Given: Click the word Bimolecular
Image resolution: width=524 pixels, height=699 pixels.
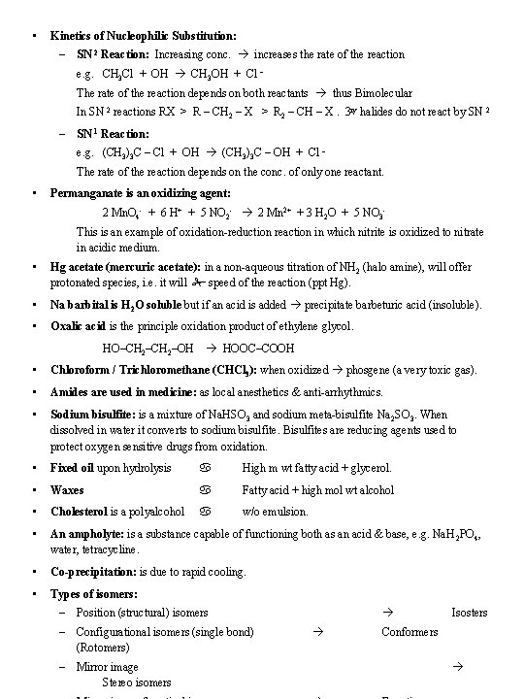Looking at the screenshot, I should click(x=377, y=93).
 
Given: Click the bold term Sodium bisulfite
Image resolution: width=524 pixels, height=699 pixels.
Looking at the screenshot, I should click(x=93, y=414).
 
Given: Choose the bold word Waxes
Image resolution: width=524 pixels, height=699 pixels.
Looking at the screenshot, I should click(x=67, y=490).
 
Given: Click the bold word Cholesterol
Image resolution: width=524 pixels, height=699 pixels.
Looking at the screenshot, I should click(x=81, y=512).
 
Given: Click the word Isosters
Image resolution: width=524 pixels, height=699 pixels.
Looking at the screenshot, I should click(x=470, y=612).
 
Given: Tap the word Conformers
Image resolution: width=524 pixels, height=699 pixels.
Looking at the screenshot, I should click(x=409, y=631).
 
